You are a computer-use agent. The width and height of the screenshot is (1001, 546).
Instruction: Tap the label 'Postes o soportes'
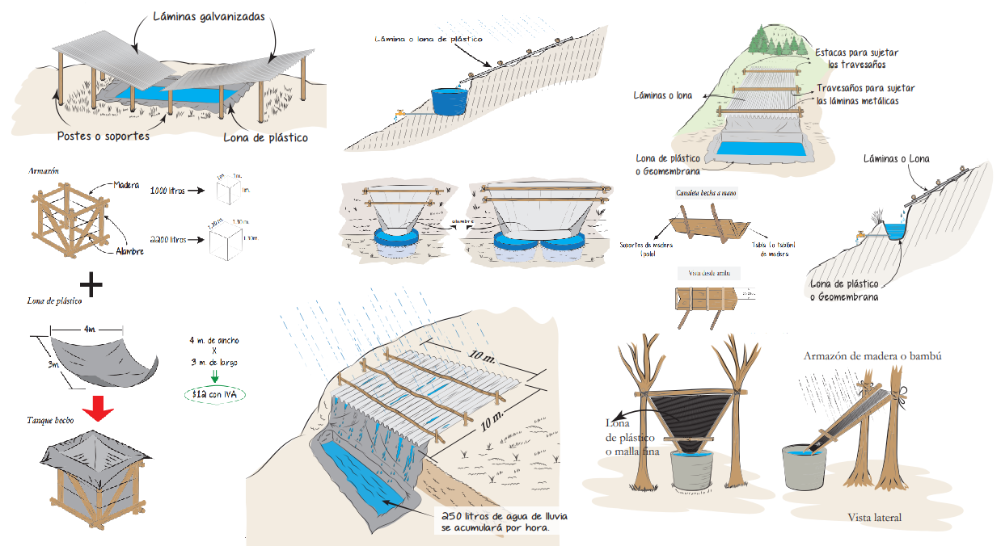[x=103, y=136]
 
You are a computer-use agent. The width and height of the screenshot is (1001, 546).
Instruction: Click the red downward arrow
[x=98, y=409]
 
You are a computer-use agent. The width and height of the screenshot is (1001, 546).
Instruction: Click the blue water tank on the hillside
[x=449, y=99]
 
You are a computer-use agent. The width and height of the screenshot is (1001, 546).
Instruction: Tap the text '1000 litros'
[x=168, y=191]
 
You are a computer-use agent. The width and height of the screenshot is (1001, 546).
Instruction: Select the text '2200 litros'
[x=169, y=239]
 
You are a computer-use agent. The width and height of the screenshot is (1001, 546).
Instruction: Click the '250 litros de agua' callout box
[x=496, y=521]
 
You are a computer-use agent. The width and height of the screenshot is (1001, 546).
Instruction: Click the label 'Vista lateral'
[x=874, y=517]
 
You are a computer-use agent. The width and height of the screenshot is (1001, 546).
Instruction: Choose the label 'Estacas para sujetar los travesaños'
[x=856, y=58]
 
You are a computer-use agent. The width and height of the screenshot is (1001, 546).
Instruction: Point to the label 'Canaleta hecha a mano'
[x=706, y=194]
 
